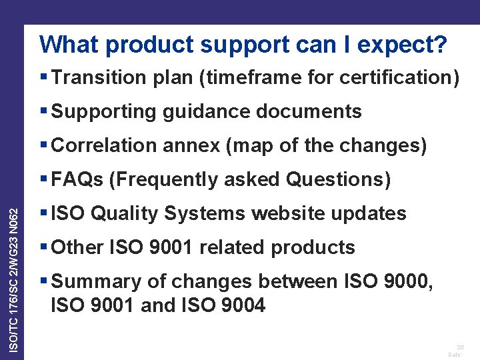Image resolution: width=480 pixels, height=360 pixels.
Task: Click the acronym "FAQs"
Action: [x=77, y=179]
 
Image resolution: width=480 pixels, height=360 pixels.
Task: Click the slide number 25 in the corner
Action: [x=460, y=347]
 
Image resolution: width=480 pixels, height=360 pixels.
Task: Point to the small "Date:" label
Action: [x=455, y=355]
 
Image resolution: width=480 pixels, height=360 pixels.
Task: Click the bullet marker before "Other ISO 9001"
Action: [x=43, y=247]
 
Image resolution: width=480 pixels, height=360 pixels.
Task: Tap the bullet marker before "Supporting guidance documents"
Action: [x=43, y=111]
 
